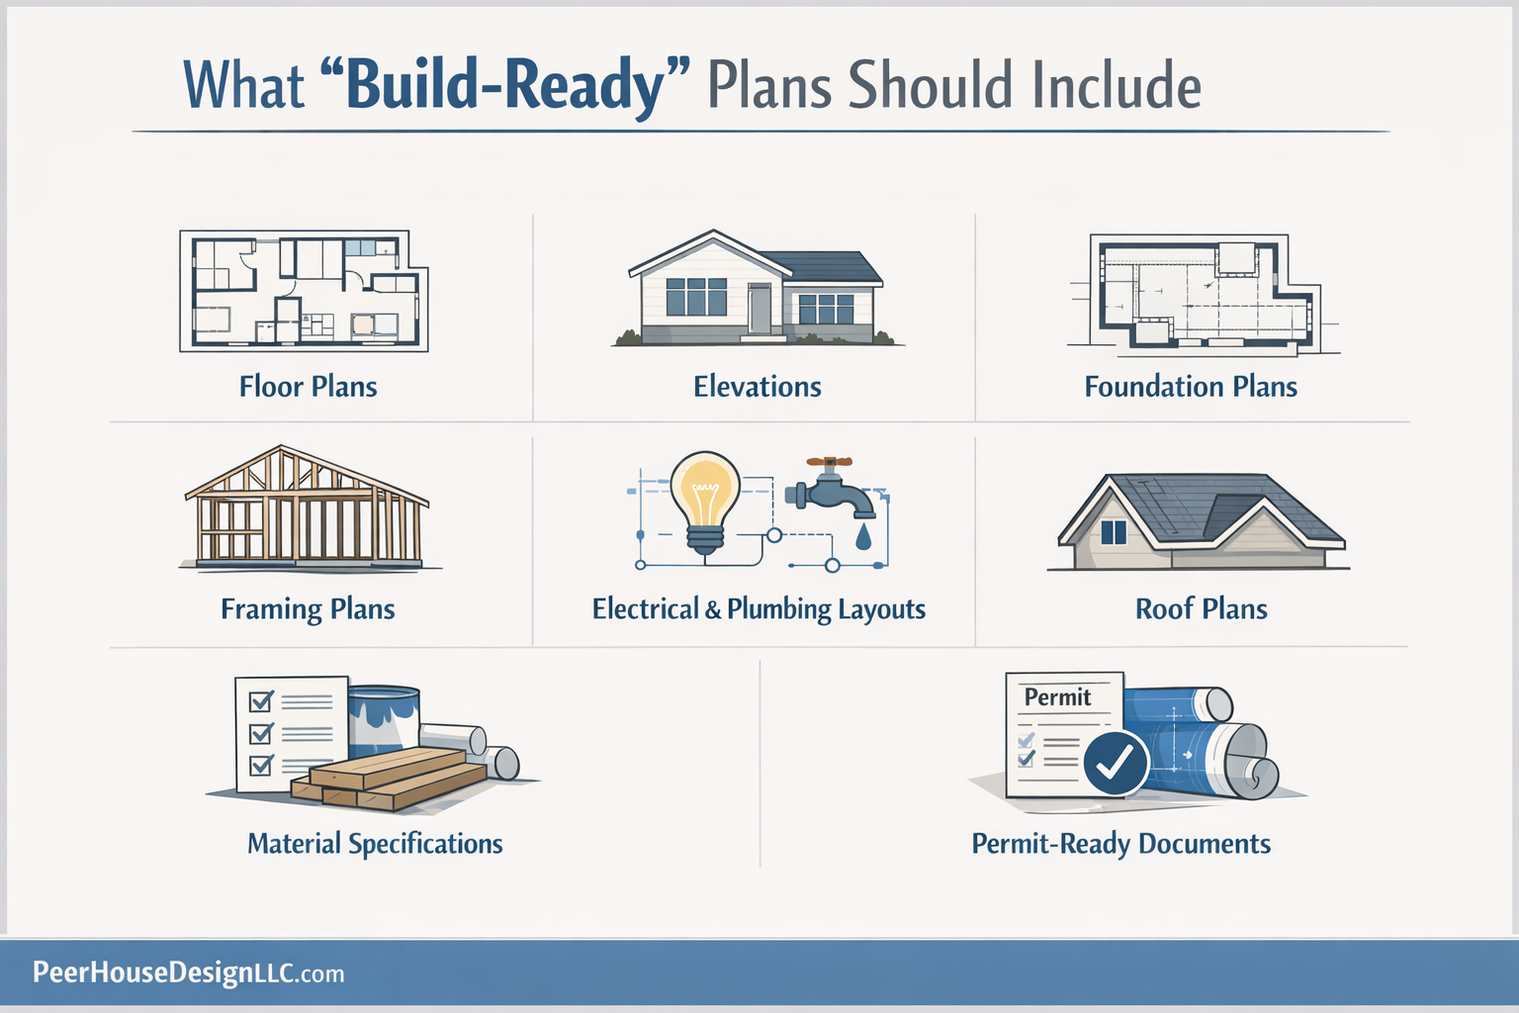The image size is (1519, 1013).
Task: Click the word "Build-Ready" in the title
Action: pyautogui.click(x=504, y=85)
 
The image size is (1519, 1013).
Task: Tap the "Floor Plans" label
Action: pyautogui.click(x=308, y=387)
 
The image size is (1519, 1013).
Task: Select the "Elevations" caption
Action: pyautogui.click(x=757, y=387)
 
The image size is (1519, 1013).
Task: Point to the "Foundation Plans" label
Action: pyautogui.click(x=1191, y=387)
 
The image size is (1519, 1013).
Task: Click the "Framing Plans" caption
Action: pyautogui.click(x=308, y=609)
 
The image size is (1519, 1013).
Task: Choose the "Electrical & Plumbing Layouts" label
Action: pyautogui.click(x=759, y=609)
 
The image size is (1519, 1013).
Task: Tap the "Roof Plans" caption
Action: pyautogui.click(x=1201, y=609)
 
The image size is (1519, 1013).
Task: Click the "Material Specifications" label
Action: pyautogui.click(x=375, y=844)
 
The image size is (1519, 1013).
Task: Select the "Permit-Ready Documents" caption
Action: pyautogui.click(x=1120, y=844)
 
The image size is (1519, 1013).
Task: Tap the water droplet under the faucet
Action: pyautogui.click(x=864, y=536)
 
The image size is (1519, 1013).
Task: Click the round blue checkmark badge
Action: pyautogui.click(x=1116, y=762)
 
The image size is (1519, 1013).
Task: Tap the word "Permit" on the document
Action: pyautogui.click(x=1057, y=697)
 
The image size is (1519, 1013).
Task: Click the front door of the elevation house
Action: pyautogui.click(x=759, y=310)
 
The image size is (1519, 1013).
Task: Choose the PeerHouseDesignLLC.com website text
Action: pyautogui.click(x=188, y=973)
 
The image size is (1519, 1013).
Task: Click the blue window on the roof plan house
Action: pyautogui.click(x=1114, y=532)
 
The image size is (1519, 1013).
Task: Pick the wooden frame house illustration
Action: pyautogui.click(x=308, y=509)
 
